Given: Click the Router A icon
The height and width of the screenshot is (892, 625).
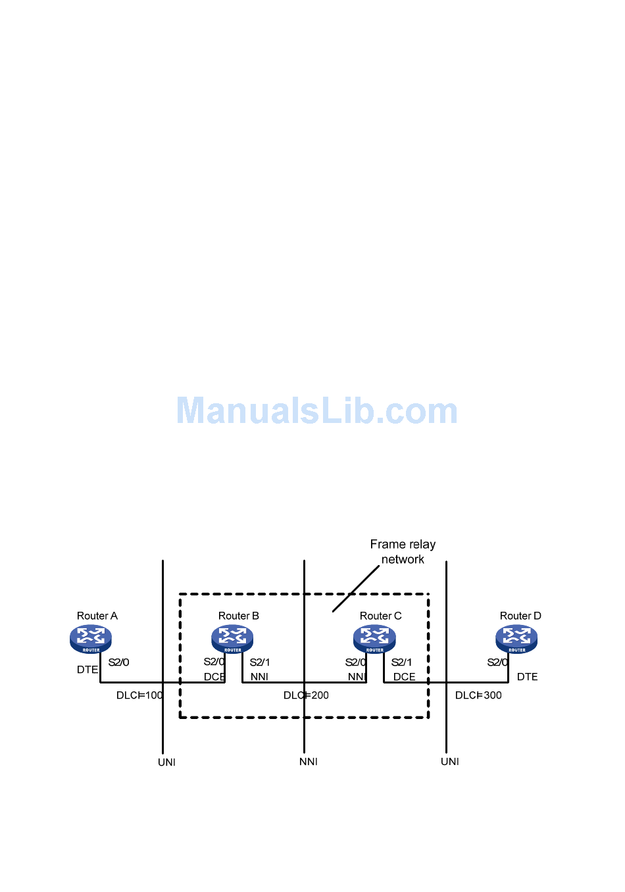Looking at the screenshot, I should point(91,638).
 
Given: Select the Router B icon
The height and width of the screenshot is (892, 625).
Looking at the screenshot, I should point(232,638).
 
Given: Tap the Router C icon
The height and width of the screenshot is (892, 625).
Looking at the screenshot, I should point(374,638).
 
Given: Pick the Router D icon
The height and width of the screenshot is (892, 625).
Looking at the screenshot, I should point(516,638).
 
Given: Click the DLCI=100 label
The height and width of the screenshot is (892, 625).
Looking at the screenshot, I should point(139,695).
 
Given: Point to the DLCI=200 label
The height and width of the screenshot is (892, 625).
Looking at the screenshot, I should point(306,695).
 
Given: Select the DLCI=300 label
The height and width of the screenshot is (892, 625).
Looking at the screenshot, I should point(478,695).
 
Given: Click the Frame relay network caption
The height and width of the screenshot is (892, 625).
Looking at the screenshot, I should point(403,552).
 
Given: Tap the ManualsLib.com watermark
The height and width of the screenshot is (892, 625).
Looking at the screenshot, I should point(316,411).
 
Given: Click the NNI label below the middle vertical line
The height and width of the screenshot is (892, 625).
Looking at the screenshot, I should point(309,762).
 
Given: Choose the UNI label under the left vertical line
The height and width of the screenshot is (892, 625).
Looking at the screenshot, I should point(166,762).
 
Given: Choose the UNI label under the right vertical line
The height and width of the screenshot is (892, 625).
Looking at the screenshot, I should point(450,762).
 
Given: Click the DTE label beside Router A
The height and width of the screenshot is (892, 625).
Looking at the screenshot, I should point(87,670).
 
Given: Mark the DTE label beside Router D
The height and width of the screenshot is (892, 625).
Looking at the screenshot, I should point(527,677).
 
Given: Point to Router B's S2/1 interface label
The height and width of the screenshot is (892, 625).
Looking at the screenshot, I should point(260,662).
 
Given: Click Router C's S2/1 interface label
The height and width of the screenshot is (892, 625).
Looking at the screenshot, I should point(401,662).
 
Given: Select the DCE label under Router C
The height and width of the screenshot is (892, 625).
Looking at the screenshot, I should point(404,677).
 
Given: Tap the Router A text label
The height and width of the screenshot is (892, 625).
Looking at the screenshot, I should point(97,616).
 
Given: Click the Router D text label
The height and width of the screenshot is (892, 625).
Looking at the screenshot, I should point(520,616).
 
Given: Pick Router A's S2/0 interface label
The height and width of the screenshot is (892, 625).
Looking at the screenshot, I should point(118,662).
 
